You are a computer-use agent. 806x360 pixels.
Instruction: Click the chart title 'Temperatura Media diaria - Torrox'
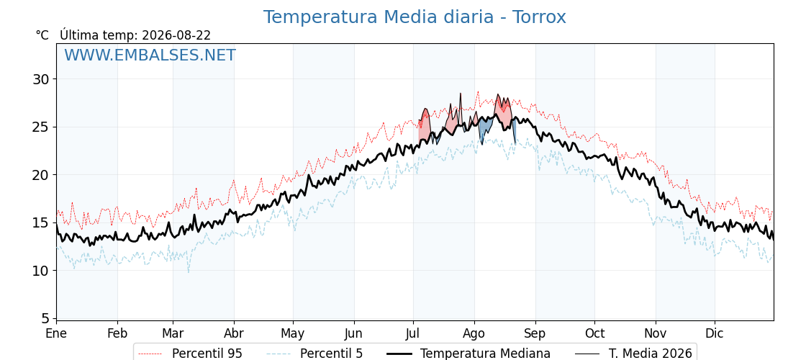tap(415, 17)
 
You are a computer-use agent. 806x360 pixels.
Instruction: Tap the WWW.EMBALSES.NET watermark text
tap(150, 55)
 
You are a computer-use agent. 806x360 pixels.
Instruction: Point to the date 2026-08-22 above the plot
tap(176, 35)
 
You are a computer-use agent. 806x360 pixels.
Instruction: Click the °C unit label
tap(42, 35)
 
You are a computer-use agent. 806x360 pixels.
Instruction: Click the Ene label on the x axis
tap(56, 333)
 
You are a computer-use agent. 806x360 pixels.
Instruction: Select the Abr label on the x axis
tap(234, 333)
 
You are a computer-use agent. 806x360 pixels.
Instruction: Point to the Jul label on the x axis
tap(413, 333)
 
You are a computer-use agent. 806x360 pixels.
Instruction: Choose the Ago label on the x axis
tap(474, 334)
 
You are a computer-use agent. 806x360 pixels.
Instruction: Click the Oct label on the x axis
tap(594, 333)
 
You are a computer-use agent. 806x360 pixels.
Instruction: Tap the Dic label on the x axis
tap(715, 333)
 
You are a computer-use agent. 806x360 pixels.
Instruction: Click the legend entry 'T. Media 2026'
tap(634, 354)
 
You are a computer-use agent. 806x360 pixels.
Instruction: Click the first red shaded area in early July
tap(424, 126)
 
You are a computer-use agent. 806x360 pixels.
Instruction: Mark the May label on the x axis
tap(292, 334)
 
